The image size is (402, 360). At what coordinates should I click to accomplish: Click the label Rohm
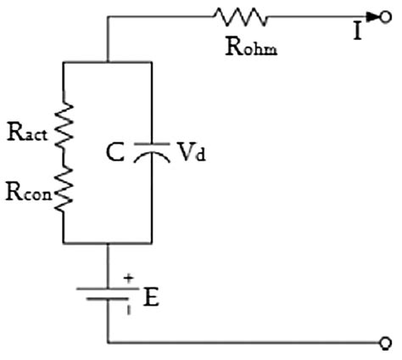pos(252,47)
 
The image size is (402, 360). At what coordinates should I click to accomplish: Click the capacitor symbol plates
pos(150,154)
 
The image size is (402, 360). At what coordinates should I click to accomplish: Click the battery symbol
pos(107,294)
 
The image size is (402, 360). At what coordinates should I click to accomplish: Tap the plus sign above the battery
pos(128,277)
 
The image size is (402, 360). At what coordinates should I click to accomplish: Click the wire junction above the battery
pos(107,243)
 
